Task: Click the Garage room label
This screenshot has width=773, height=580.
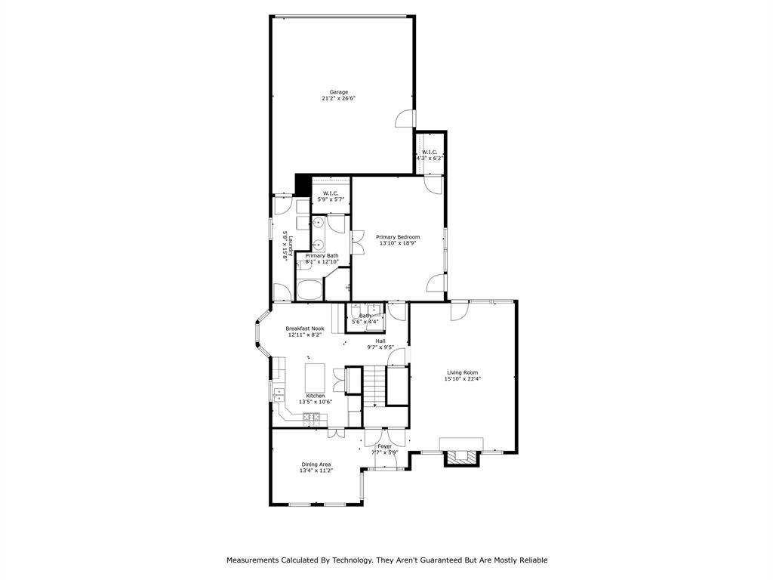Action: [338, 92]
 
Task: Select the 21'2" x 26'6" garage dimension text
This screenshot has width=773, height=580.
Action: [338, 99]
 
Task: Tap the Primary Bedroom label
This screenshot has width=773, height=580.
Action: [398, 237]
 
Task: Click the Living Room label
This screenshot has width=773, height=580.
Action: [463, 372]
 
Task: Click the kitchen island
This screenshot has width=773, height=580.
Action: [315, 375]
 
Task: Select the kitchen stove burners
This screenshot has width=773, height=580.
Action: [310, 417]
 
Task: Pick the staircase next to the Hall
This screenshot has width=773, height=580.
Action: [374, 385]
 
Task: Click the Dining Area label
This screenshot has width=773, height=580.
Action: [316, 464]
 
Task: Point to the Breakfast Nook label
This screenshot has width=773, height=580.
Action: [304, 329]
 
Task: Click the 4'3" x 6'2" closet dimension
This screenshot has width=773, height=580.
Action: [430, 159]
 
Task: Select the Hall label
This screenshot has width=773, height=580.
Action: [380, 341]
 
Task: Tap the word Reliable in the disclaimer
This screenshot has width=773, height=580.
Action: [531, 560]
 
